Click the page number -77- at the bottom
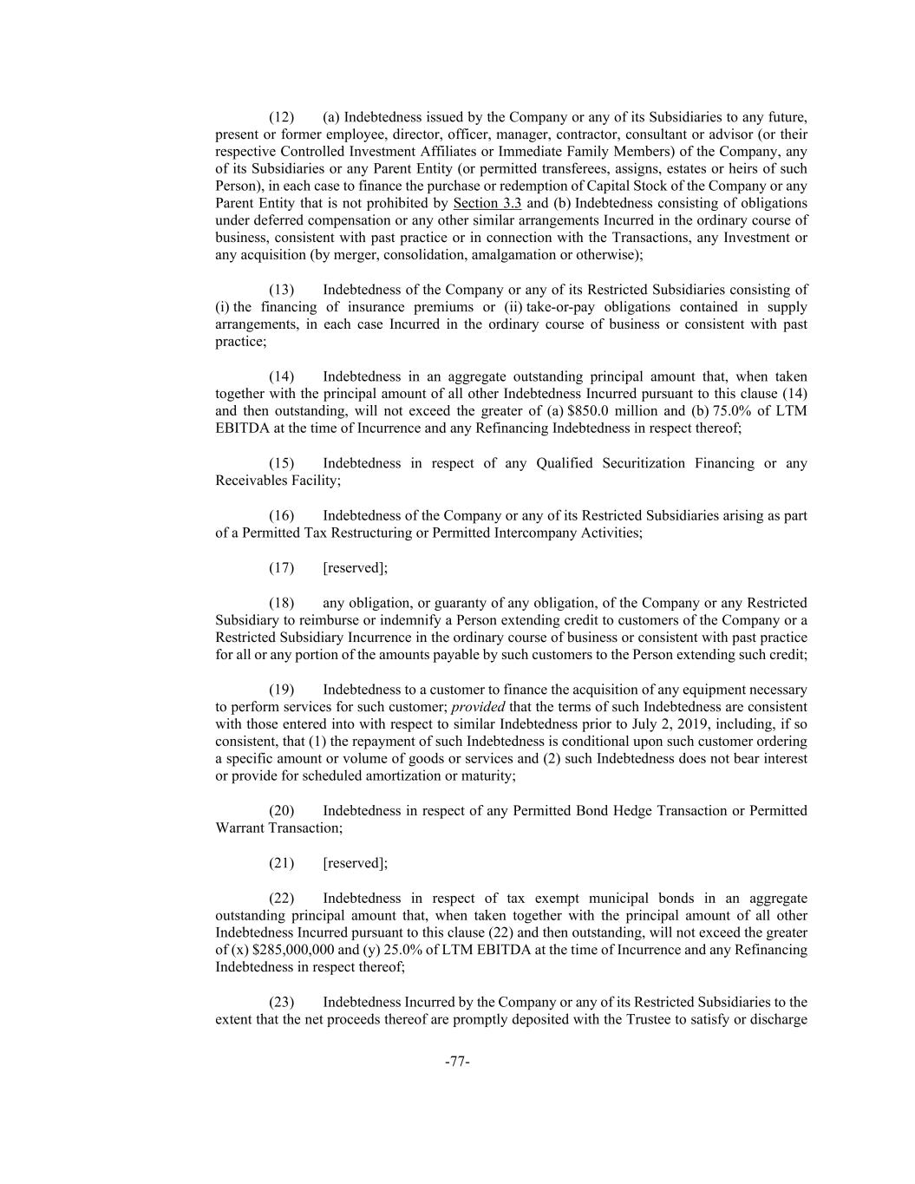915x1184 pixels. tap(457, 1062)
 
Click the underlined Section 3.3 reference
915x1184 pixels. tap(487, 204)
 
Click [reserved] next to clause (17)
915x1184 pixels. tap(355, 568)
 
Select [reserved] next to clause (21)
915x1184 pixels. tap(355, 863)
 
